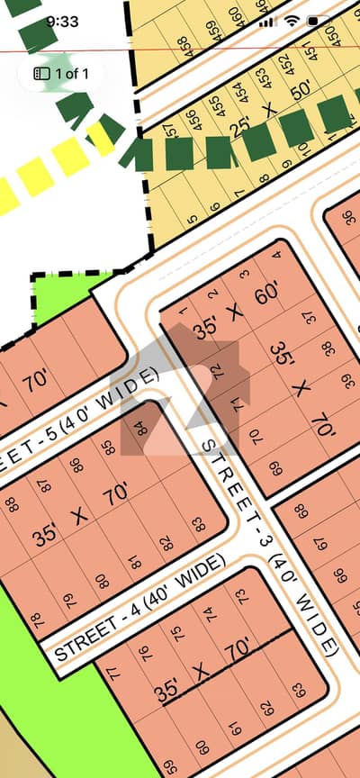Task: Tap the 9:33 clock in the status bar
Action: pos(62,20)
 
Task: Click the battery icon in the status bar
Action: pos(319,20)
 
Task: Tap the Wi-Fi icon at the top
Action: pos(292,20)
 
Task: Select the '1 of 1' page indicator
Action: pos(62,73)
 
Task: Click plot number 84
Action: pos(140,426)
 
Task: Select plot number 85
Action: pos(110,446)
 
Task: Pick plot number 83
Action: pos(197,523)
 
